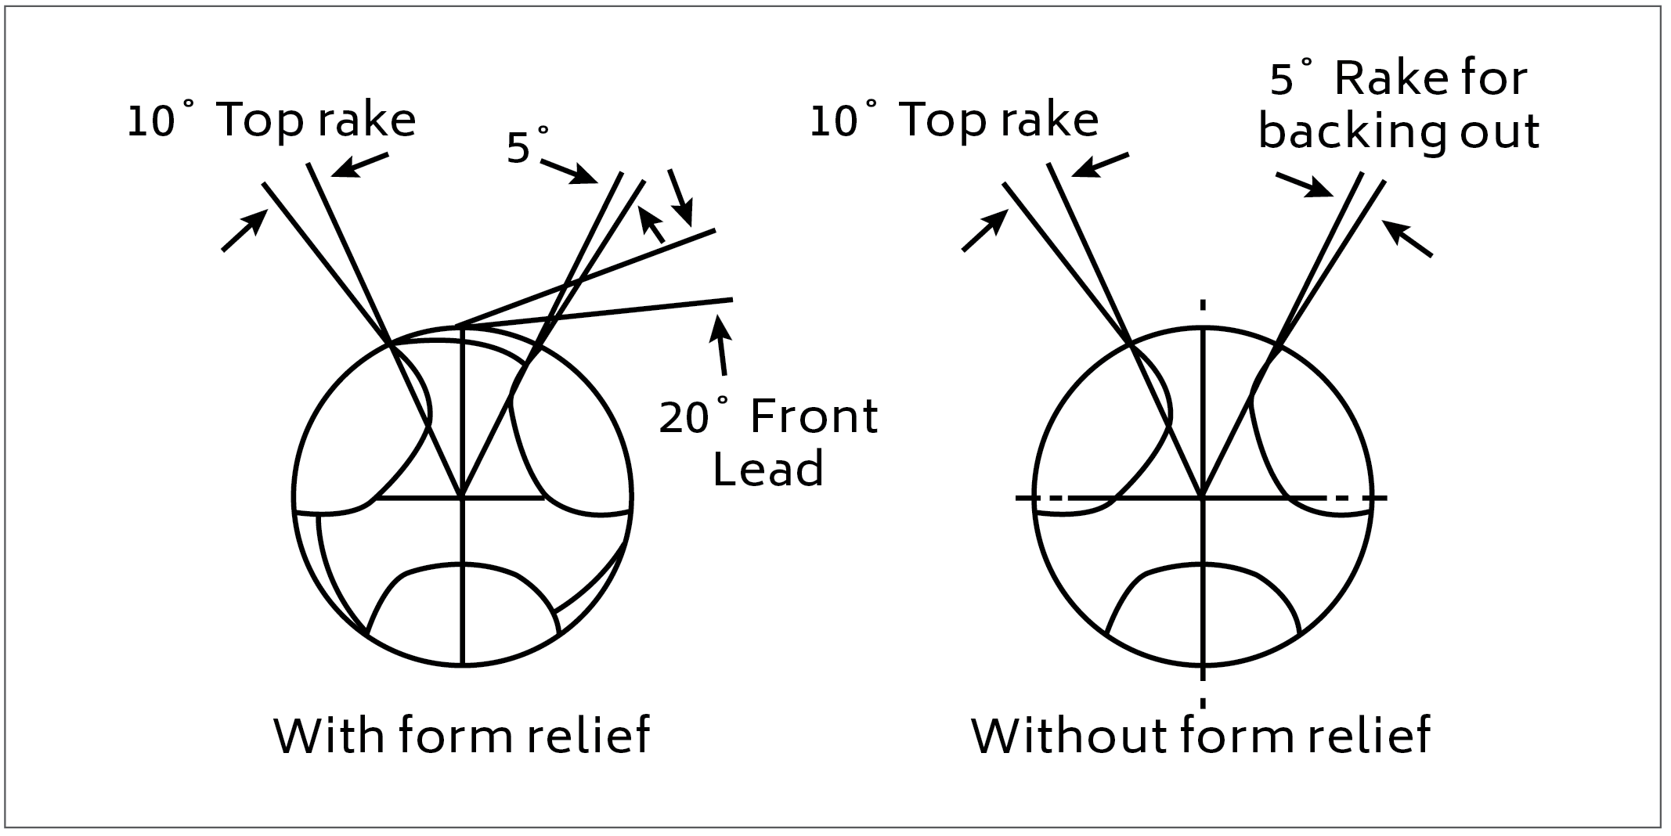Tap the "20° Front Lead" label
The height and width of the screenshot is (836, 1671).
(768, 442)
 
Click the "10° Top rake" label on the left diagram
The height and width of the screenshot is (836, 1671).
(271, 121)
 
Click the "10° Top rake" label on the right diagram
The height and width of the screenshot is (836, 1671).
(954, 121)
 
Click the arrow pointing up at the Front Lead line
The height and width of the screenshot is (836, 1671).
(720, 344)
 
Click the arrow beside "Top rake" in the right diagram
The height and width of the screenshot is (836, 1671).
(1099, 165)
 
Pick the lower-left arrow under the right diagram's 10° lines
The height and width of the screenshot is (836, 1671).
(983, 231)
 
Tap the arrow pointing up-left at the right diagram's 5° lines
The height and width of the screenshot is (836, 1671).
(1407, 239)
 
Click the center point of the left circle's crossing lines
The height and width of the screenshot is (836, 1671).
(463, 496)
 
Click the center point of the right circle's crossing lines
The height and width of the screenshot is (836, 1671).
(1202, 496)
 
